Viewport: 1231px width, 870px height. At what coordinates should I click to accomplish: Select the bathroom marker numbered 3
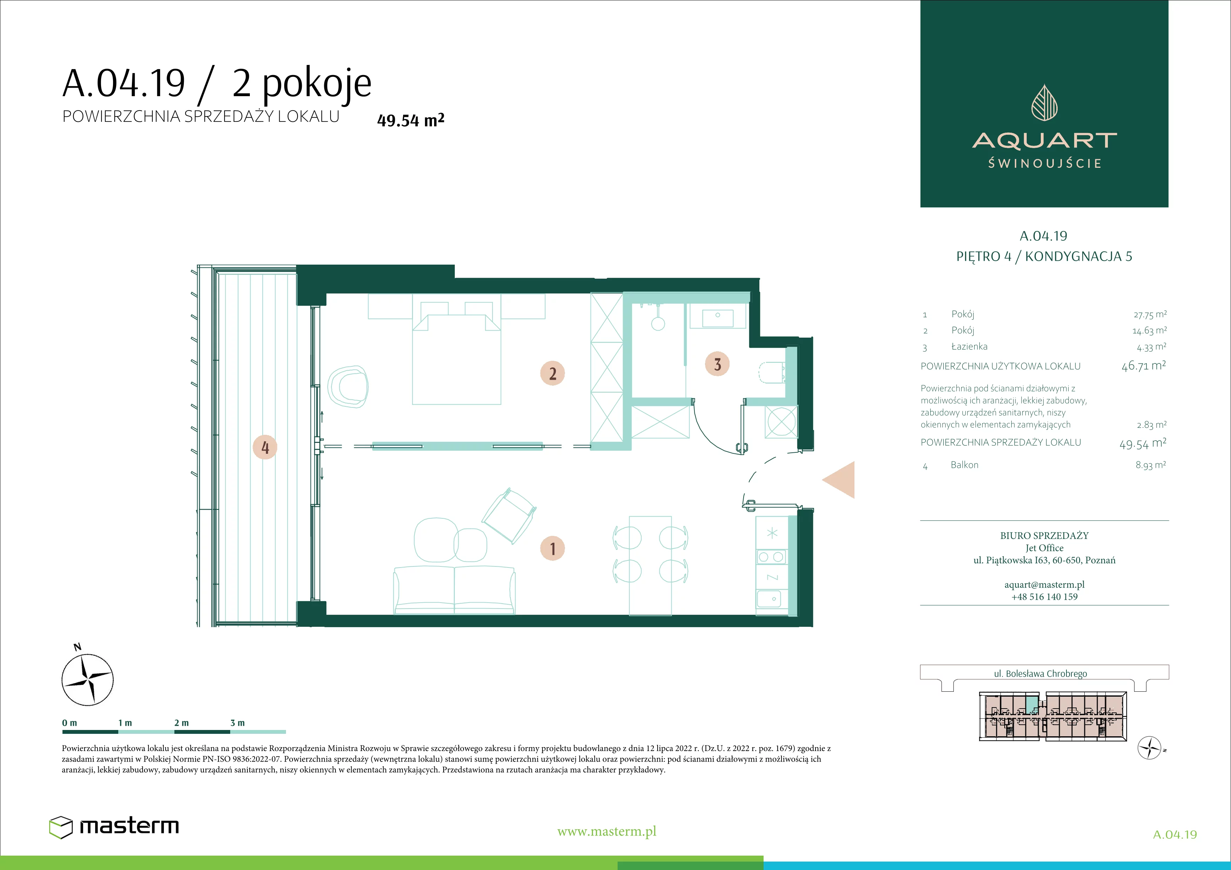click(717, 365)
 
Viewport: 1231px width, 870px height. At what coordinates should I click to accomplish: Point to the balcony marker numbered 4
click(265, 447)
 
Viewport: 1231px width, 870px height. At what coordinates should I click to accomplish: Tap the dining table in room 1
click(650, 565)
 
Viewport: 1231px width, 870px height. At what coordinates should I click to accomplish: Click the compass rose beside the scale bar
click(87, 679)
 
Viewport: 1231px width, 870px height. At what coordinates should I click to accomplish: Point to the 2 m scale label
click(181, 723)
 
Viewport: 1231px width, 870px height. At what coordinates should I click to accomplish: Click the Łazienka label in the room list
click(969, 346)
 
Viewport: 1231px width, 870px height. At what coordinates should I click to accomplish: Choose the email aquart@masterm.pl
click(1044, 585)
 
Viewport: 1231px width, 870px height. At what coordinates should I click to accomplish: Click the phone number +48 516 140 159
click(1044, 597)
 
